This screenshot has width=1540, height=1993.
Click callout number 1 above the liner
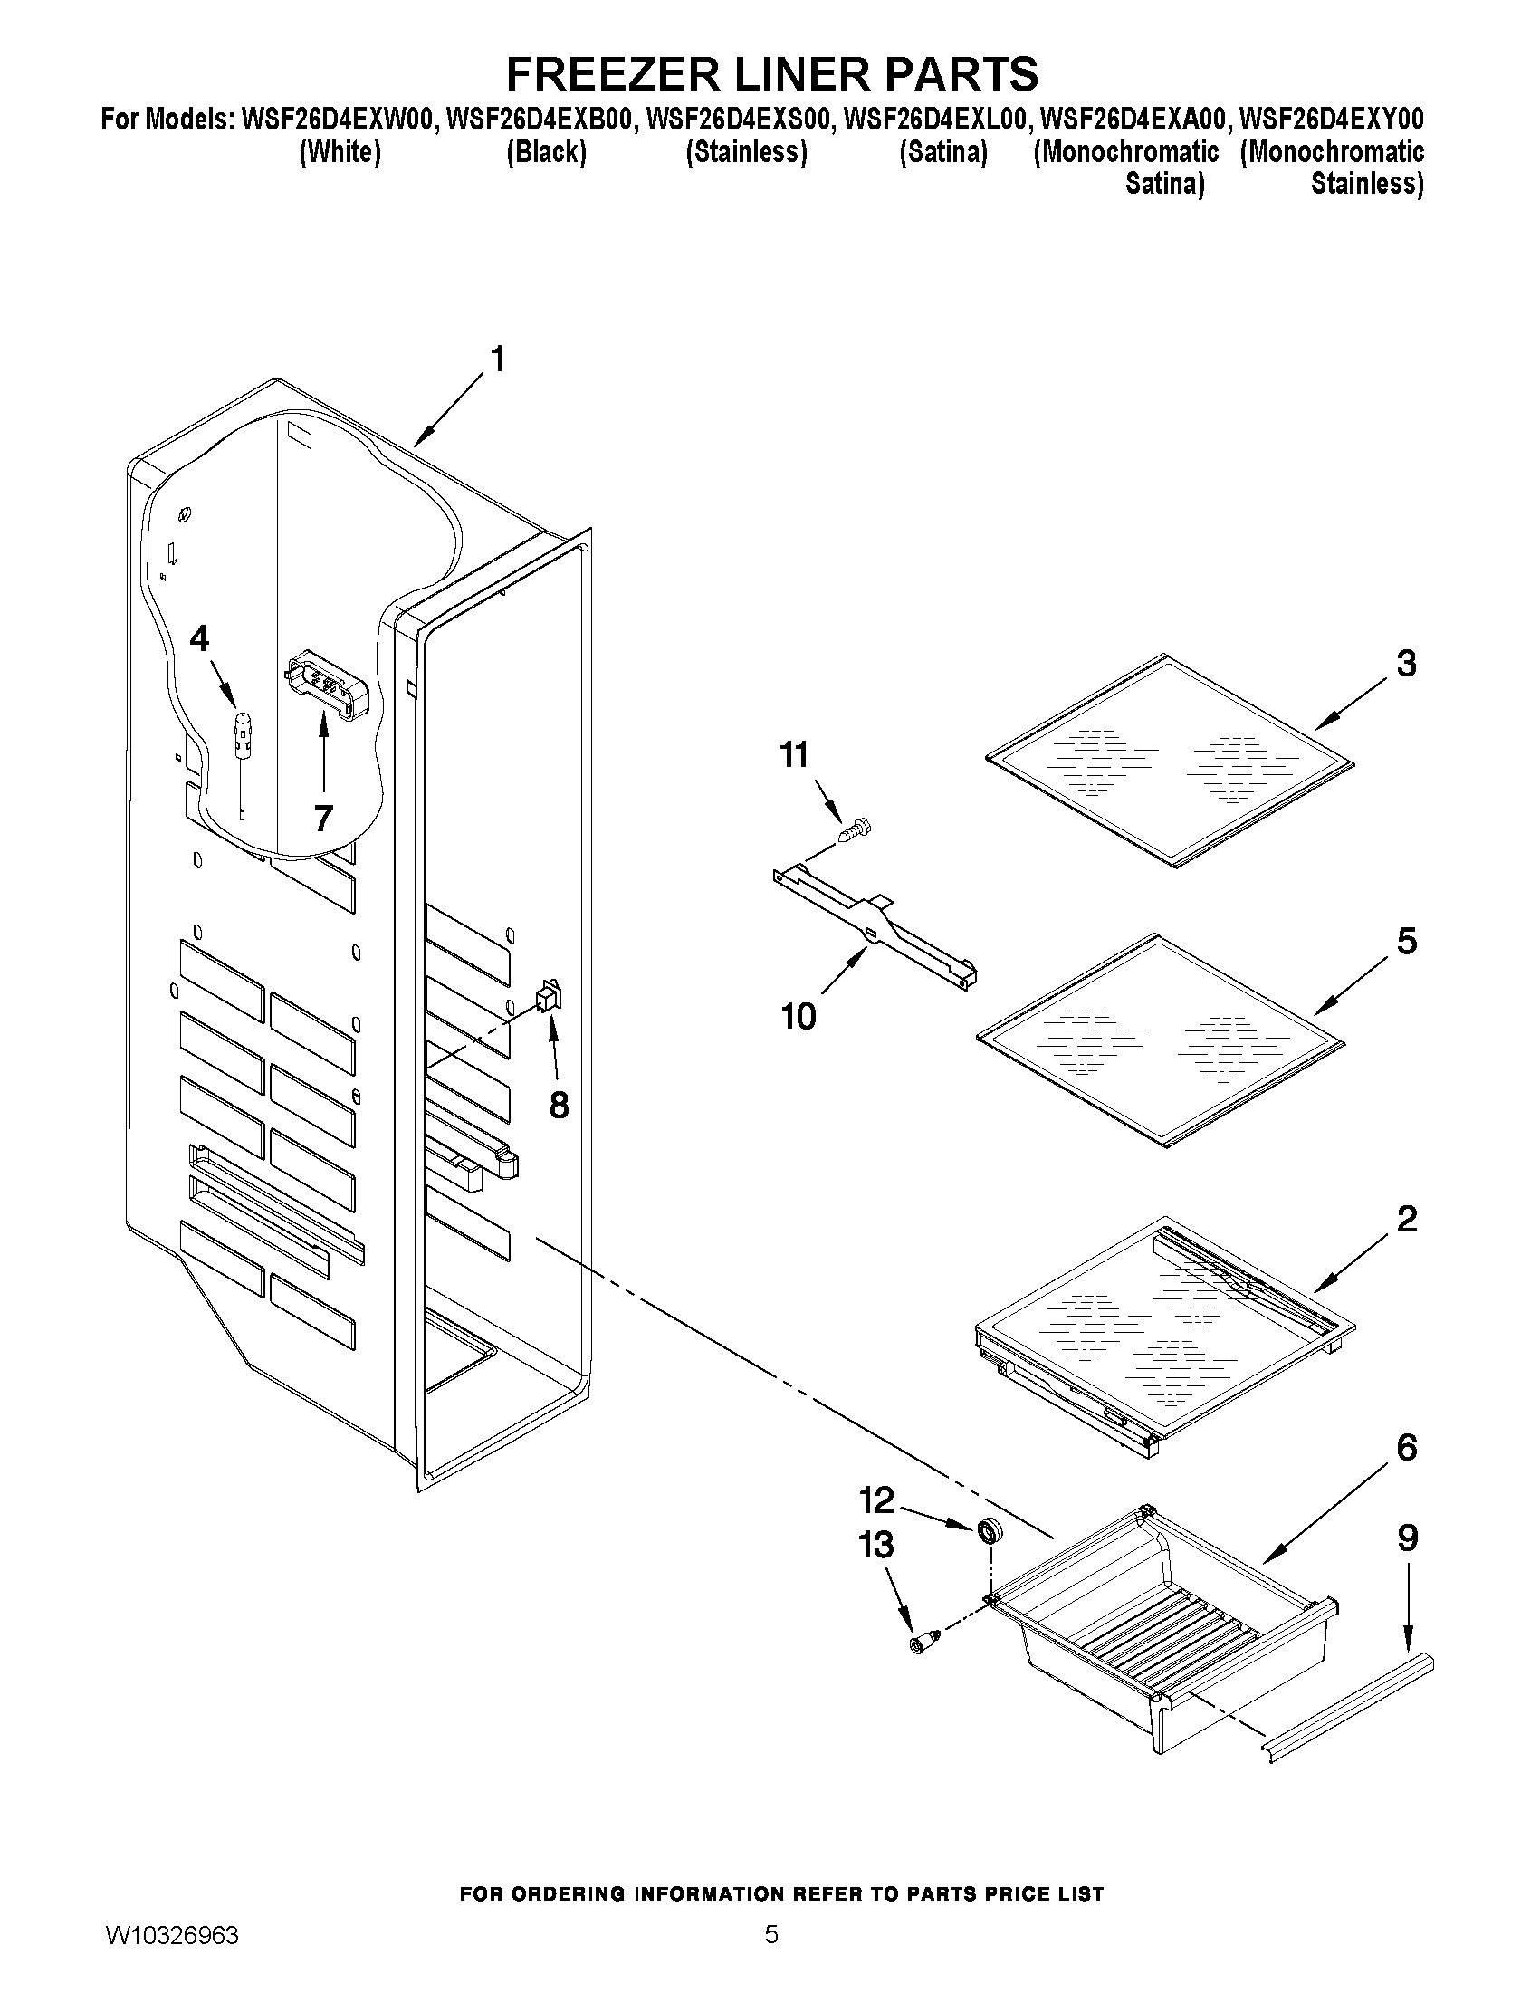pos(497,359)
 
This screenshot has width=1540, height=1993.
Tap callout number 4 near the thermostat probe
pos(199,638)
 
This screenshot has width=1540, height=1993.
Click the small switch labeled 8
pos(548,996)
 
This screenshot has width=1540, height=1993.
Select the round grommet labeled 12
pos(987,1530)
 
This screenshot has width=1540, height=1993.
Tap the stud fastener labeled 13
pos(922,1644)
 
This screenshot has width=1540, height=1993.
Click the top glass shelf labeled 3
pos(1171,759)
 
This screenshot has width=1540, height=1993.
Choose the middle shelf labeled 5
pos(1161,1040)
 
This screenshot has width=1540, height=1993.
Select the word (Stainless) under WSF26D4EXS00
pos(745,151)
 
